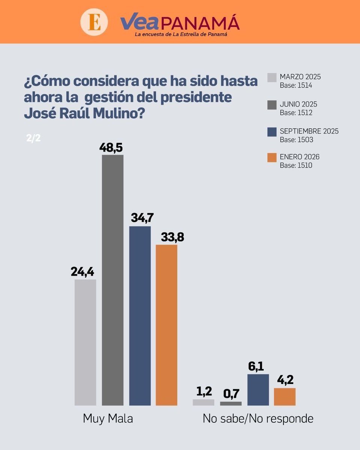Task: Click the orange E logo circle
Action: [x=94, y=22]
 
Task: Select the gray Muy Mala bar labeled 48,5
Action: [x=112, y=280]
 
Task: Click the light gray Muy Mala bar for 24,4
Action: [x=85, y=342]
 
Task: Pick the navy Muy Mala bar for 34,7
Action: [x=140, y=315]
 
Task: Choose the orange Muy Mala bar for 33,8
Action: [x=166, y=325]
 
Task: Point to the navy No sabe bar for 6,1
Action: [x=258, y=390]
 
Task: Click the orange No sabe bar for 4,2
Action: [x=285, y=396]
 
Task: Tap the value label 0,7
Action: [x=231, y=394]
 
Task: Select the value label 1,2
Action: [x=204, y=391]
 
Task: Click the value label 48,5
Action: [x=112, y=147]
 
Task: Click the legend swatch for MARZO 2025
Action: [x=272, y=78]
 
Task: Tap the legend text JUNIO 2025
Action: [x=298, y=104]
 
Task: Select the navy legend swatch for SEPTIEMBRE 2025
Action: [x=272, y=131]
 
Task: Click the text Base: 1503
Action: [x=296, y=139]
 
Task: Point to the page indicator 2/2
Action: [x=33, y=138]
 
